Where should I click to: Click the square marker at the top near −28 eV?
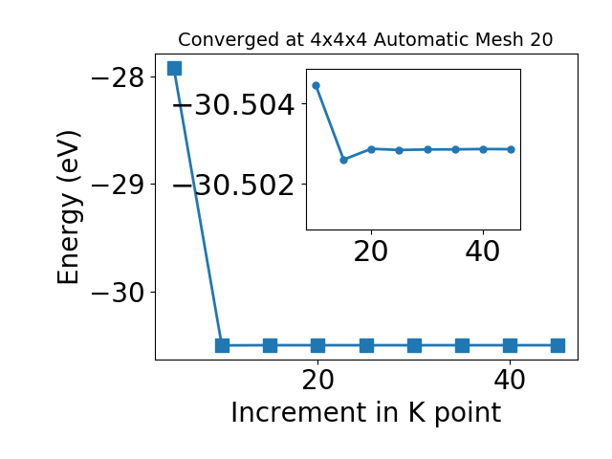click(174, 68)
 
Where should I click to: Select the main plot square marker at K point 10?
click(222, 345)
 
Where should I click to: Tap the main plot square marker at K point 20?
click(318, 345)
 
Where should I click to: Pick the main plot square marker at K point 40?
click(510, 345)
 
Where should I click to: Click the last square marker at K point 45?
click(557, 345)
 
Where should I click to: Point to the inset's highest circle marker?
click(317, 85)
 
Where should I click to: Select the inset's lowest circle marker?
click(344, 160)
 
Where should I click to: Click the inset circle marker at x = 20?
click(372, 149)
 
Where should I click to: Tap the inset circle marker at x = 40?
click(483, 149)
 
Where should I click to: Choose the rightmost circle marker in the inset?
click(512, 149)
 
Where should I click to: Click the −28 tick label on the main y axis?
click(118, 78)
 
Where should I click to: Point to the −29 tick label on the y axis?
click(118, 185)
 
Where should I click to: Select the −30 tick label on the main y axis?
click(118, 293)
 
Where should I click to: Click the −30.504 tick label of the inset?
click(233, 104)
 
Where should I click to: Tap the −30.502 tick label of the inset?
click(233, 185)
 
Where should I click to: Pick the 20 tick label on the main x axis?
click(318, 380)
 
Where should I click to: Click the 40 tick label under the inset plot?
click(483, 251)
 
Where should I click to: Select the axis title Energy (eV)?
click(69, 208)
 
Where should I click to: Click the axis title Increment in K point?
click(366, 412)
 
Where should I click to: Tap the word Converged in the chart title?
click(229, 40)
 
